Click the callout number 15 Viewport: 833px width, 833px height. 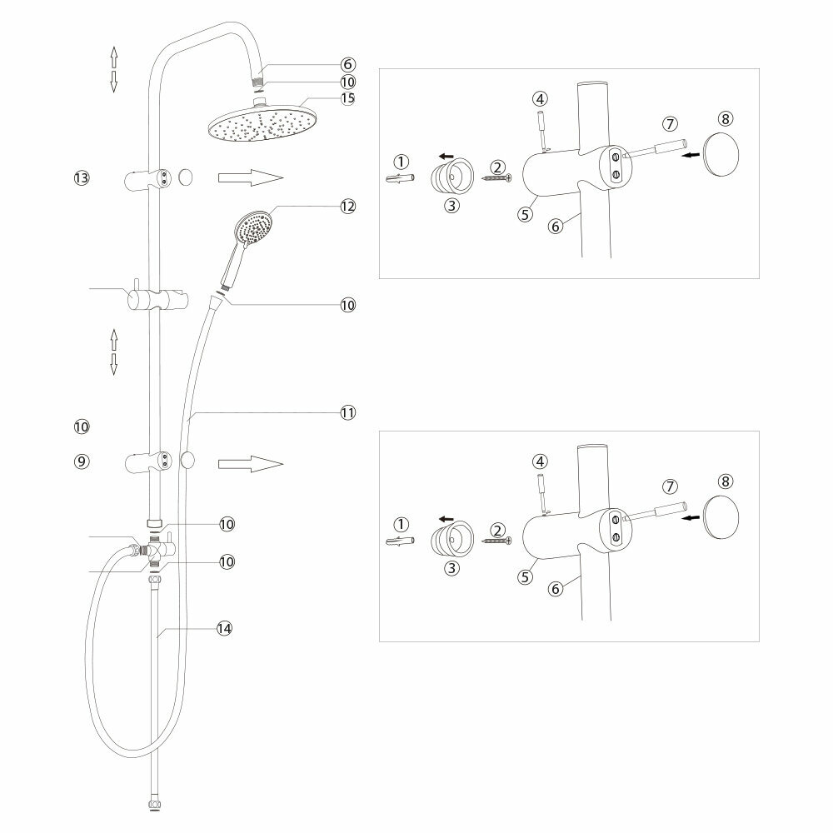point(347,98)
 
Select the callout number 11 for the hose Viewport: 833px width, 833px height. point(347,412)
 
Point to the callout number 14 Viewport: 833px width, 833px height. point(222,629)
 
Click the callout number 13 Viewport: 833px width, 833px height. point(81,177)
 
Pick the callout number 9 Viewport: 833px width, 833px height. point(81,461)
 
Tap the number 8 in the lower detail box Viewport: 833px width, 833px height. point(726,481)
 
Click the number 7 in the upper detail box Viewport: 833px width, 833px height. point(670,123)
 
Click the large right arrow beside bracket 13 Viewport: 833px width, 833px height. point(251,177)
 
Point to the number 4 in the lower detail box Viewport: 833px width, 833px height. point(541,461)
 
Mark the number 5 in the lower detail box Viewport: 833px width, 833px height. point(525,575)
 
